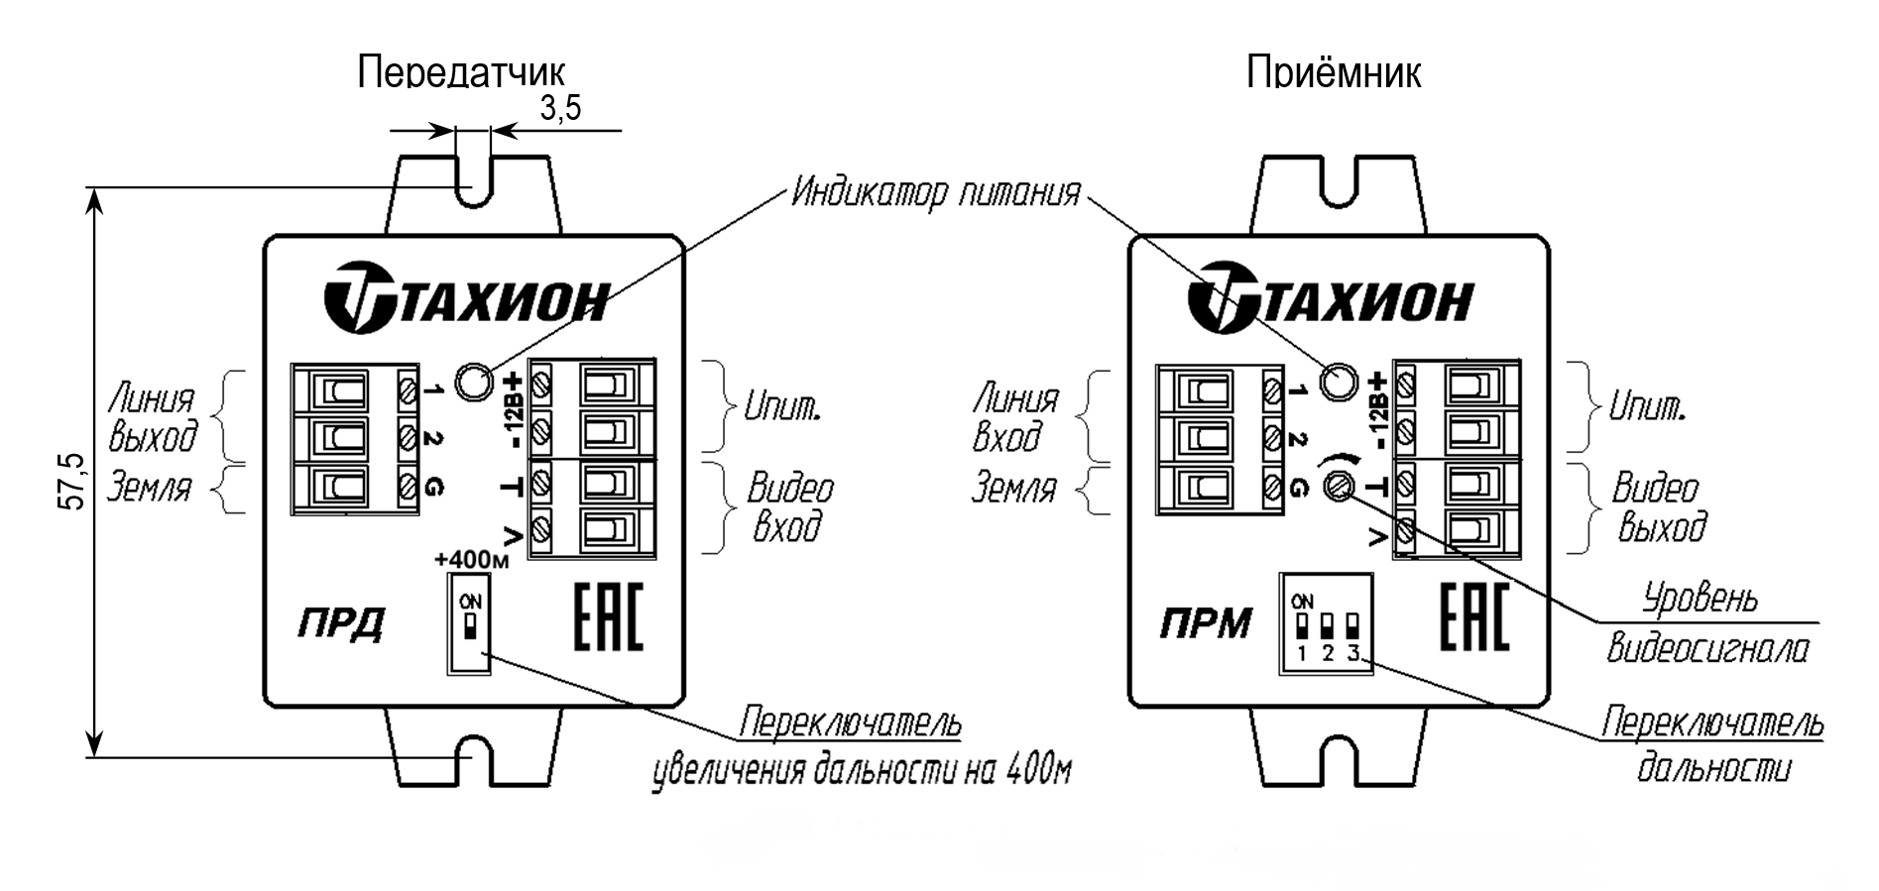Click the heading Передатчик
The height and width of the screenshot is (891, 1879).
pos(461,72)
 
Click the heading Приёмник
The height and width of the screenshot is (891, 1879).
pos(1333,72)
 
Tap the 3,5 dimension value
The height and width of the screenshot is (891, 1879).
pos(560,108)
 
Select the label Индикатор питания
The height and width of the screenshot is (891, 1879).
pos(934,193)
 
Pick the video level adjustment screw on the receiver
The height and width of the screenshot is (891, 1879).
pos(1339,487)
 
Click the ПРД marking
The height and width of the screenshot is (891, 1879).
pos(341,624)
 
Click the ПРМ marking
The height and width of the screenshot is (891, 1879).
pos(1206,624)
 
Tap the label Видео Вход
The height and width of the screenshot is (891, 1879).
pos(789,506)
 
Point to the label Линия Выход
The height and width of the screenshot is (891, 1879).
pos(153,417)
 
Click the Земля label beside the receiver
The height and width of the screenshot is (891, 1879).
pos(1014,489)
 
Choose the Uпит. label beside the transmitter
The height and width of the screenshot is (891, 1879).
pos(782,406)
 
